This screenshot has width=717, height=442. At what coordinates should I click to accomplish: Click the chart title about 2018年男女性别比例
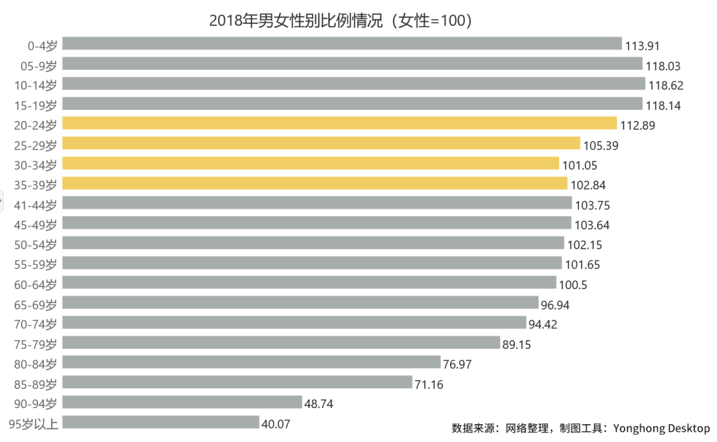click(341, 20)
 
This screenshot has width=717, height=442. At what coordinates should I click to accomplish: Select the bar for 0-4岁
click(342, 44)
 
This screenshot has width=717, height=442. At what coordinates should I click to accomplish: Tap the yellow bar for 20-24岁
click(340, 124)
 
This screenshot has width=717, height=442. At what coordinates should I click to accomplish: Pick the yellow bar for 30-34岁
click(311, 164)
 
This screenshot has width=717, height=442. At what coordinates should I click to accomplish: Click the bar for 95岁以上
click(161, 423)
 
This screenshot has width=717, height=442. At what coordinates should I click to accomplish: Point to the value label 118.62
click(666, 86)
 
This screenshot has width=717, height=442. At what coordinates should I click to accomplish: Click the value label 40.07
click(276, 424)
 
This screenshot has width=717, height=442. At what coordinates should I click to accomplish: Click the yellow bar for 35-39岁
click(315, 183)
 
